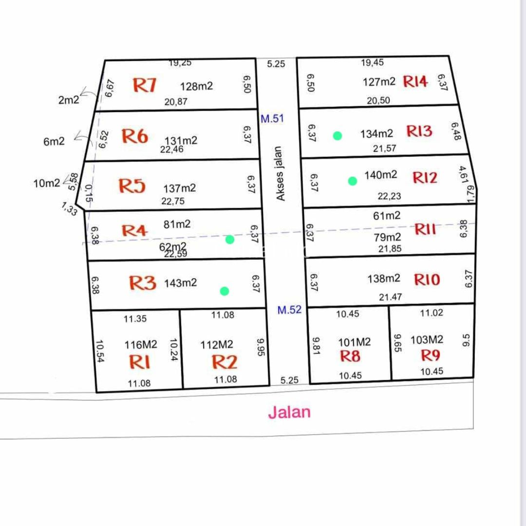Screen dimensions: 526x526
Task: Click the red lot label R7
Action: pos(145,85)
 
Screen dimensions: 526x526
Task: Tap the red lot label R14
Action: pos(415,81)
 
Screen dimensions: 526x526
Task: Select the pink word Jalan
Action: pos(289,413)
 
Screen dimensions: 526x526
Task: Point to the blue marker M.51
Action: pos(272,118)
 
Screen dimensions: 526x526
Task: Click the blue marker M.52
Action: pos(289,310)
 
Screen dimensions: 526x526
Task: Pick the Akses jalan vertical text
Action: pos(280,174)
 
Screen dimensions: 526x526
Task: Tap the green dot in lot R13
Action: pos(337,136)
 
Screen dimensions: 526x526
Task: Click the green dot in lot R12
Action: pos(352,181)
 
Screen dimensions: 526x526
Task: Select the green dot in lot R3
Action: pos(224,291)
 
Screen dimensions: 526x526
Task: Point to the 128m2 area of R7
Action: pos(196,87)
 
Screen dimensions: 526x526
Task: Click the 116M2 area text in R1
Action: pos(141,345)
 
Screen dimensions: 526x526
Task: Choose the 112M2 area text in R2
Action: pos(217,345)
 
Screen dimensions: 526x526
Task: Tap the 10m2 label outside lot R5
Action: pos(47,183)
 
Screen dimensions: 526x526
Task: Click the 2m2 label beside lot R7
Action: pos(68,100)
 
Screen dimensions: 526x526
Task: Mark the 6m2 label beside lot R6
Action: pos(54,142)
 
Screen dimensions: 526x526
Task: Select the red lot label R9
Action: pos(430,355)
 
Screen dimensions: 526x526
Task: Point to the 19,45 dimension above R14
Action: pos(373,62)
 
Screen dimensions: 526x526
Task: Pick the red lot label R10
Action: pos(427,280)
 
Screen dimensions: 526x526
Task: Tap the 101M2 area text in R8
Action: pos(355,342)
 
